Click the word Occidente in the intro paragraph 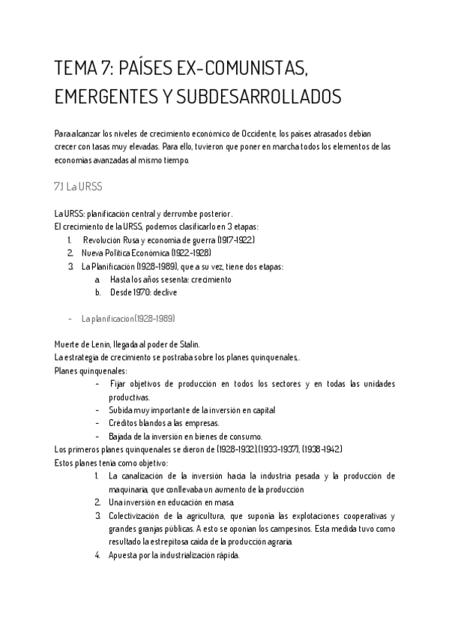284,133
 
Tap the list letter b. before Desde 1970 97,292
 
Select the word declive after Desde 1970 164,292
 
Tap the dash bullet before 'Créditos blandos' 99,423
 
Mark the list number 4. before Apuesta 97,556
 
